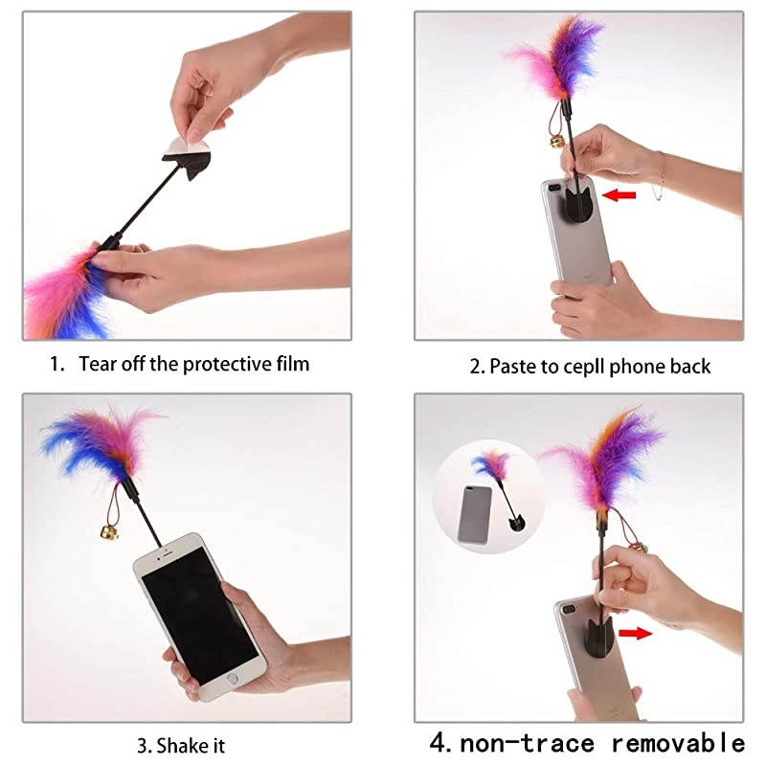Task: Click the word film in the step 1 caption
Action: (x=292, y=364)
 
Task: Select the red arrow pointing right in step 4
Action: (x=632, y=633)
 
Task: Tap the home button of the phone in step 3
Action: (x=231, y=679)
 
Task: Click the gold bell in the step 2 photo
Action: (x=555, y=142)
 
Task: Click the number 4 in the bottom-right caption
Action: (x=439, y=742)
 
